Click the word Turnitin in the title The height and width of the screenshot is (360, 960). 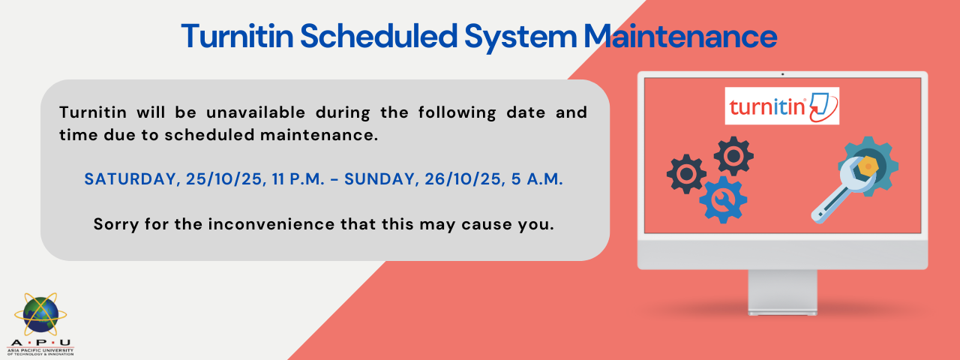coord(238,36)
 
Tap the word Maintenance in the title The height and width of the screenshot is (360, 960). coord(680,36)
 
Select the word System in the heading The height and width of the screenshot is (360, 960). coord(520,37)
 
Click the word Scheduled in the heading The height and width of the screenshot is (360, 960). coord(379,36)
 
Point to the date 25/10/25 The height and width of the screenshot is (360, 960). coord(224,179)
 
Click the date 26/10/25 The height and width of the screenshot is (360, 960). coord(463,179)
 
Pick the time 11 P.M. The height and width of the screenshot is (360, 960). coord(298,179)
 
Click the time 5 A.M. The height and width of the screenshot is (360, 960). coord(537,179)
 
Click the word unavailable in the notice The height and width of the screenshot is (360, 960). coord(256,112)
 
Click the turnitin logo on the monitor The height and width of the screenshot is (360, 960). coord(782,106)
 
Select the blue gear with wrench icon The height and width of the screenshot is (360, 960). coord(723,199)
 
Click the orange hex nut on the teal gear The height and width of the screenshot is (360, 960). coord(868,166)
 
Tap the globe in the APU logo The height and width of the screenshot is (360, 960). coord(40,315)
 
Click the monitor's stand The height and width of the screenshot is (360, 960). coord(782,292)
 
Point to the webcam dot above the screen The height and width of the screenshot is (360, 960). coord(782,74)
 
